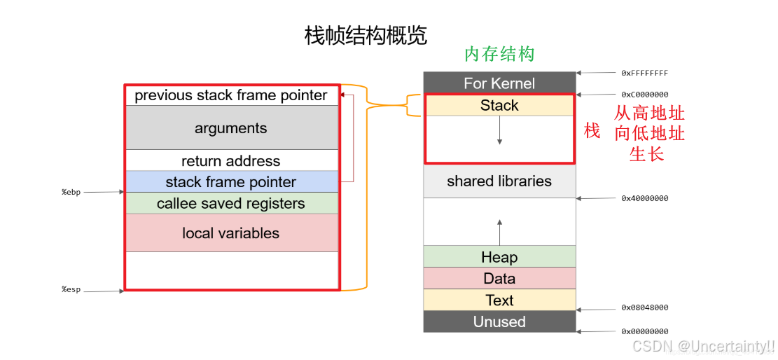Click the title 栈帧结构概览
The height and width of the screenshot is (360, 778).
[366, 36]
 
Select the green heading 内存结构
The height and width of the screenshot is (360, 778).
[499, 55]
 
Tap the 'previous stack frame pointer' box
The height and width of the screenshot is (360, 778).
[231, 95]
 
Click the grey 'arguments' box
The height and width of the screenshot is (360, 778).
[231, 128]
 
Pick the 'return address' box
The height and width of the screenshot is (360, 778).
[231, 161]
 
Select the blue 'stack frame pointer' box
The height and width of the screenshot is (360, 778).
[231, 182]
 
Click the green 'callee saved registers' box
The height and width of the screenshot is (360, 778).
[231, 204]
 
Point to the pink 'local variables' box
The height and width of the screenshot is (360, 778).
[231, 233]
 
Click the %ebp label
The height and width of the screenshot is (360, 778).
[71, 192]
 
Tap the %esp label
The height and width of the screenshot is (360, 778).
[71, 289]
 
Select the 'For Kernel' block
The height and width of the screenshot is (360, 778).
[499, 83]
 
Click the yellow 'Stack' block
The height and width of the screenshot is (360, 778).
[499, 106]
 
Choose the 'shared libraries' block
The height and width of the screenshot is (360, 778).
[499, 181]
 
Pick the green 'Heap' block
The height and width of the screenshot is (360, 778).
[499, 257]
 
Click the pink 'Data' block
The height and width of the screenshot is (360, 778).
[499, 279]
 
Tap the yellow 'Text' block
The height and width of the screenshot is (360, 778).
[499, 300]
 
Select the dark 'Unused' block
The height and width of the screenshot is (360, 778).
[499, 322]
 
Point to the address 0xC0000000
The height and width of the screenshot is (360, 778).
[644, 95]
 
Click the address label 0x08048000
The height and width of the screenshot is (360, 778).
[644, 307]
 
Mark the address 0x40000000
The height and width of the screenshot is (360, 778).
[644, 198]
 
